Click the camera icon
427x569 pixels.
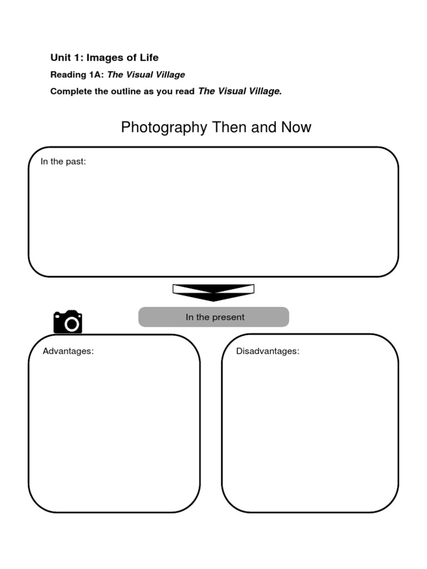tap(68, 322)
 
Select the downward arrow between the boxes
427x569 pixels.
tap(213, 292)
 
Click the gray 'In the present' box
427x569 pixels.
tap(213, 317)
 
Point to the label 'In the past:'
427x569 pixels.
tap(63, 162)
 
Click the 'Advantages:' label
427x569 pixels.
tap(68, 351)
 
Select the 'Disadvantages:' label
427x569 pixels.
tap(267, 351)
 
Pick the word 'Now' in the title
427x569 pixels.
tap(296, 127)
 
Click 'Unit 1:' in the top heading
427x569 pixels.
tap(67, 57)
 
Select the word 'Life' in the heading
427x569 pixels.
tap(148, 57)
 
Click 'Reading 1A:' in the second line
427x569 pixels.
tap(77, 74)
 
